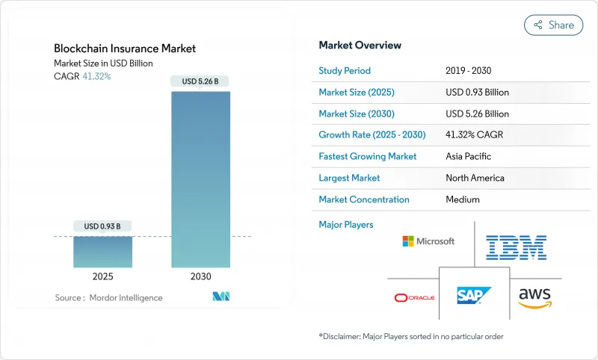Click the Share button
tap(554, 25)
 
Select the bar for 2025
tap(102, 252)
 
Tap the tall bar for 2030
tap(200, 179)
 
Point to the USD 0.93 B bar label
tap(102, 226)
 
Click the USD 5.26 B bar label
tap(200, 81)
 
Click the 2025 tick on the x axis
tap(102, 276)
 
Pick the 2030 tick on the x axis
tap(200, 276)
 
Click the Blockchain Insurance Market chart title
tap(125, 49)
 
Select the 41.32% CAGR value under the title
tap(96, 76)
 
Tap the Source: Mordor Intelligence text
tap(108, 298)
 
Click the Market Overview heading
tap(360, 45)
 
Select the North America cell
tap(475, 178)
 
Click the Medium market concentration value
tap(462, 199)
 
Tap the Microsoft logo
tap(428, 241)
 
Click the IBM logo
tap(516, 247)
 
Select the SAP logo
tap(475, 295)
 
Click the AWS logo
tap(534, 297)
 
